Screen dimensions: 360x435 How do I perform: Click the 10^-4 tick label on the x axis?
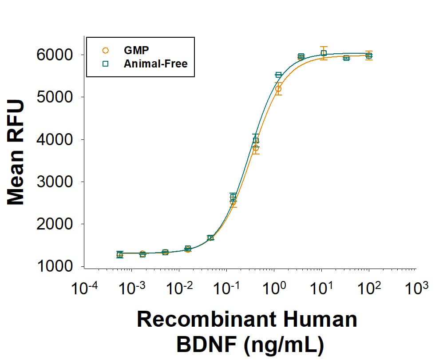point(85,289)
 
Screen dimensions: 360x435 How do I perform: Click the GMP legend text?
point(136,50)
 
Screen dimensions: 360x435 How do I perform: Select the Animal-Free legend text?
point(156,63)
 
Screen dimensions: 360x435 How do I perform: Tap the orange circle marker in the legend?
point(105,50)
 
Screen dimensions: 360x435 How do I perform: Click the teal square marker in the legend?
point(105,63)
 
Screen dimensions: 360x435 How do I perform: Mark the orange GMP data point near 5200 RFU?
point(278,89)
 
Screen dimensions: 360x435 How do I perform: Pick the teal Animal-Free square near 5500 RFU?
point(278,75)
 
